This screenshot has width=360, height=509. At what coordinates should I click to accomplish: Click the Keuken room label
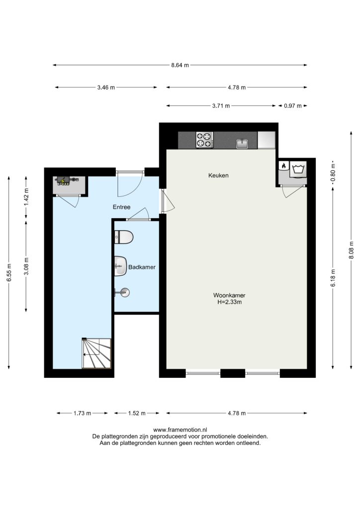pos(218,175)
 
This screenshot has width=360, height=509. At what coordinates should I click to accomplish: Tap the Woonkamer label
pos(229,295)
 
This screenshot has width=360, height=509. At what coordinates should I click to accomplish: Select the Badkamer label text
pos(142,267)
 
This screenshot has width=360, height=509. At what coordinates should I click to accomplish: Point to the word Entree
pos(121,207)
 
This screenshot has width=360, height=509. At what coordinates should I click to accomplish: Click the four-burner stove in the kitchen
pos(204,140)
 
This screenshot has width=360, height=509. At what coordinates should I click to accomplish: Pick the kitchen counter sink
pos(242,143)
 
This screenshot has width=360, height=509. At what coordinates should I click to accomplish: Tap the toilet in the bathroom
pos(124,237)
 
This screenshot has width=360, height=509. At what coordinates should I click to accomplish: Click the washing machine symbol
pos(298,169)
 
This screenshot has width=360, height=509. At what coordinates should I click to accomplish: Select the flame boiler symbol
pos(284,166)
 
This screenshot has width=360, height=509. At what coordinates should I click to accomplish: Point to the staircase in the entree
pos(96,353)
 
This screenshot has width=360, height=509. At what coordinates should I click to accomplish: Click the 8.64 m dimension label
pos(180,65)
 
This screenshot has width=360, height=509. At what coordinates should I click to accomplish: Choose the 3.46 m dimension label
pos(106,87)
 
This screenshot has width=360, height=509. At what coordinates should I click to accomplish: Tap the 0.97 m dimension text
pos(293,106)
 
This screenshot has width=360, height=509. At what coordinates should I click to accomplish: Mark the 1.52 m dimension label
pos(137,413)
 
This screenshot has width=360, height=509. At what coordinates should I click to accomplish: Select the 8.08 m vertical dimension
pos(351,251)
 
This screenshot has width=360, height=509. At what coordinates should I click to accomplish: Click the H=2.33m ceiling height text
pos(229,302)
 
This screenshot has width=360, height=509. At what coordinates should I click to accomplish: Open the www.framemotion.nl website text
pos(180,430)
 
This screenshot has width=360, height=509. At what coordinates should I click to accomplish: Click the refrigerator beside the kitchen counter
pos(266,140)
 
